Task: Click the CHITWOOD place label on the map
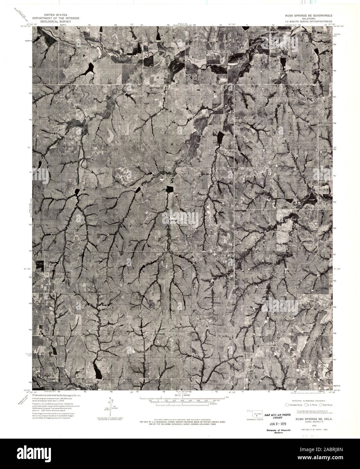click(x=157, y=88)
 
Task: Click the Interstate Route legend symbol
click(x=287, y=405)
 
